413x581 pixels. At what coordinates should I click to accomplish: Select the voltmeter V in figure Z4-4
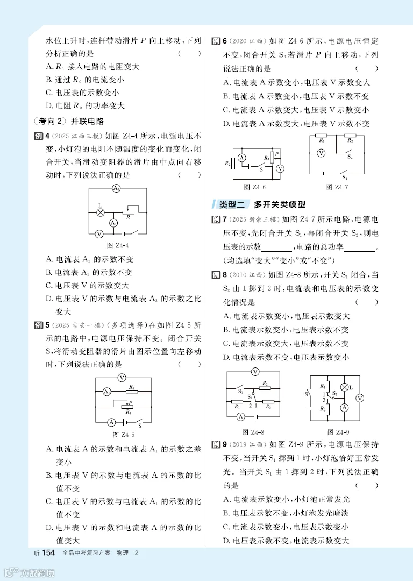coord(99,234)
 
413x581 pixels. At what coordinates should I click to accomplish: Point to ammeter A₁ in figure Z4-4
coord(113,223)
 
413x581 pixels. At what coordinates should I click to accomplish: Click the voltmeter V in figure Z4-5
coord(122,378)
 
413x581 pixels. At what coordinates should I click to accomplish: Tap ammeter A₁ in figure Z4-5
coord(107,392)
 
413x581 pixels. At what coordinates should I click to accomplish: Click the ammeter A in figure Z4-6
coord(242,158)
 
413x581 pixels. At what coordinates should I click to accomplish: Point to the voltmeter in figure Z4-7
coord(321,153)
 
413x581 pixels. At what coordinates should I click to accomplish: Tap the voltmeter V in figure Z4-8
coord(256,371)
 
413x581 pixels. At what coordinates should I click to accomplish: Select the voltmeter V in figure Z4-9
coord(360,398)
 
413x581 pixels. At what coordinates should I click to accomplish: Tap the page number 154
coord(48,553)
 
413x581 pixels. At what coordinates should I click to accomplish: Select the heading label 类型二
coord(232,204)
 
